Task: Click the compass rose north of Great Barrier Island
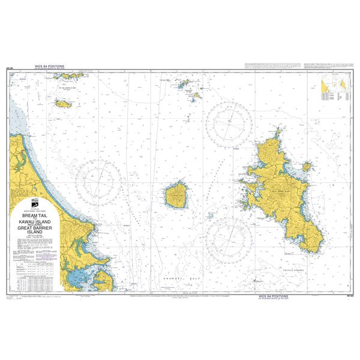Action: (228, 123)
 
